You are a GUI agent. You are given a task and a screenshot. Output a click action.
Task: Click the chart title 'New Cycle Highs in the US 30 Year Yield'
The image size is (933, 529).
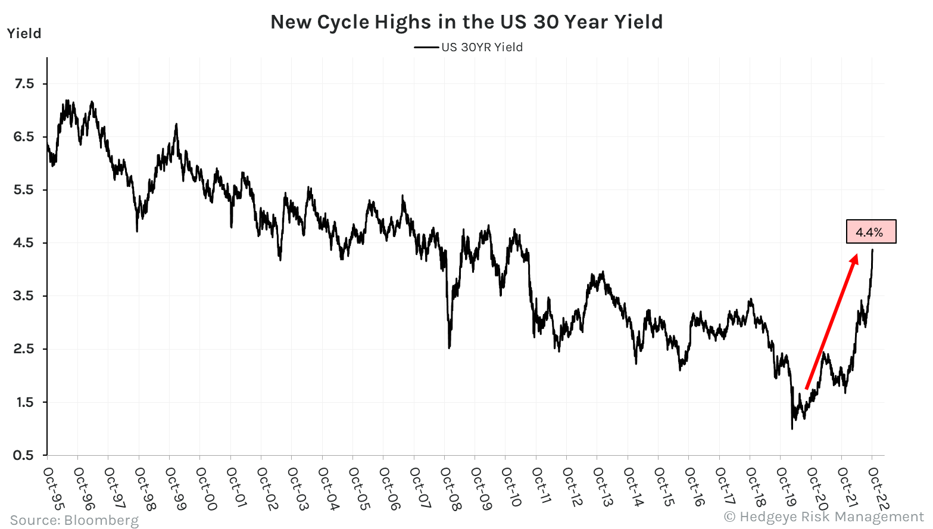[x=466, y=22]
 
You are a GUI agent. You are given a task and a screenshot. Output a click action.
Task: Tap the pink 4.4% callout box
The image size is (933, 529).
[x=870, y=232]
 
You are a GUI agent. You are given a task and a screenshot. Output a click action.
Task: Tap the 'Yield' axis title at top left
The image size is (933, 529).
[x=24, y=33]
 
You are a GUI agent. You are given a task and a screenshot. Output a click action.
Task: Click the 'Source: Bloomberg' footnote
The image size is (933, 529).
[x=74, y=520]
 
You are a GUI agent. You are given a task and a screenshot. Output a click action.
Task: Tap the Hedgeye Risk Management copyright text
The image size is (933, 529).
[x=823, y=516]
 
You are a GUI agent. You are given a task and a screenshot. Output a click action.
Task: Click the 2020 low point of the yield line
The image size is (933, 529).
[x=792, y=428]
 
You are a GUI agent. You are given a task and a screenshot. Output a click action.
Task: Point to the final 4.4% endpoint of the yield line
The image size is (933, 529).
[x=872, y=250]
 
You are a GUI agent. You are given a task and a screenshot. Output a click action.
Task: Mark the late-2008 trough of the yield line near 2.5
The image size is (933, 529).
[x=449, y=347]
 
